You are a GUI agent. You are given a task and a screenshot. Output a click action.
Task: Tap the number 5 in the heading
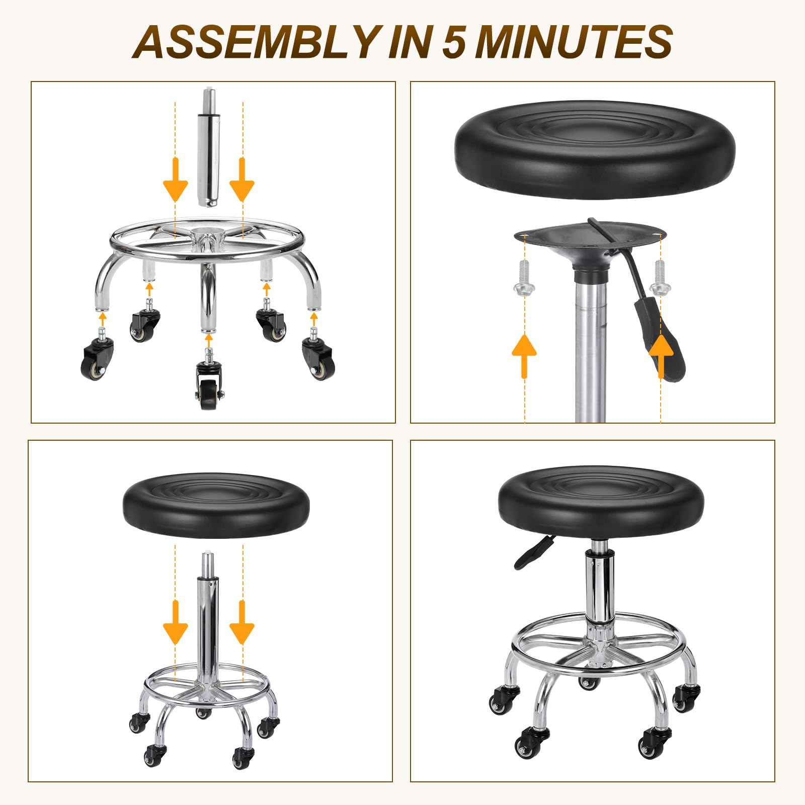pyautogui.click(x=456, y=41)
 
